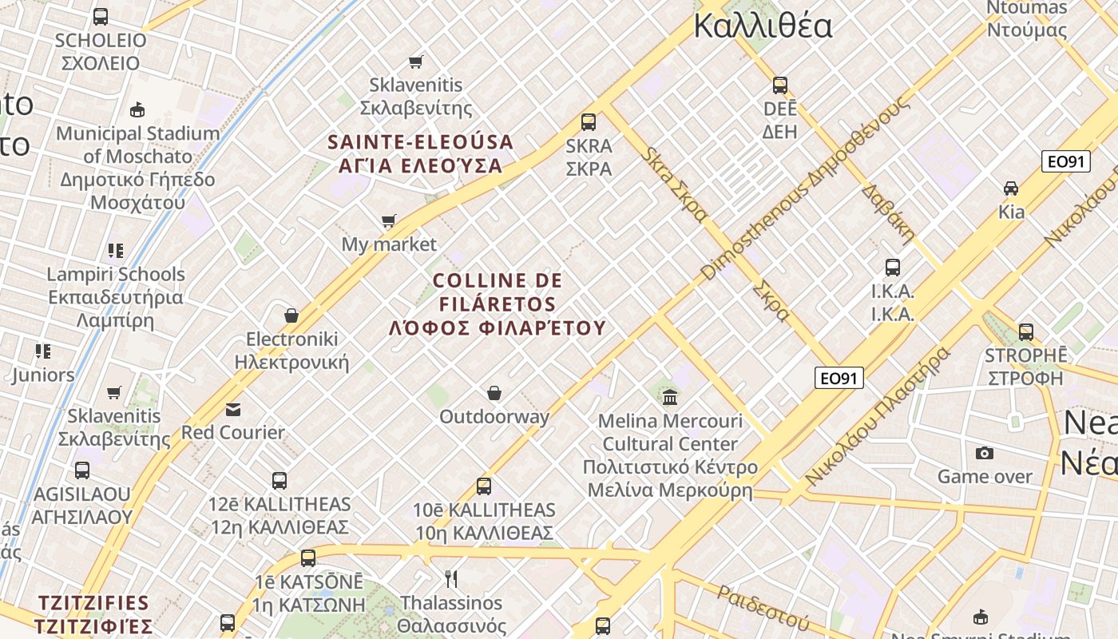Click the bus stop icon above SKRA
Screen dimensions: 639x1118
point(589,122)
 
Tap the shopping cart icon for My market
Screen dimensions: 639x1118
point(389,221)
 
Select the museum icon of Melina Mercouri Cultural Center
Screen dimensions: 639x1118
point(670,397)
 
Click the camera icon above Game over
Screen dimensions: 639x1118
point(985,454)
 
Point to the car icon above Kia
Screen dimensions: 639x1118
point(1011,189)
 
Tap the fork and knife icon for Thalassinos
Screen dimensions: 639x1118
point(452,579)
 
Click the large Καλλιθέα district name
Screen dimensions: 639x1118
point(763,26)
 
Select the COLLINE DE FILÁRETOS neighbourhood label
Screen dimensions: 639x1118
point(498,304)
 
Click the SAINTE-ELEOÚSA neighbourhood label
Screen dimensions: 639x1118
point(421,154)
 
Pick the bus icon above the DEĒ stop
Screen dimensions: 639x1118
point(780,85)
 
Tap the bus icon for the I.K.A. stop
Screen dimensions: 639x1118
point(893,268)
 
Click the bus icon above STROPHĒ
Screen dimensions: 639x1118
point(1026,331)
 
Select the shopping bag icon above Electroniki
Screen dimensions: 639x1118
point(291,316)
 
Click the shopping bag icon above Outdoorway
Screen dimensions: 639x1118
point(494,393)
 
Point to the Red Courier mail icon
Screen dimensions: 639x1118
point(233,410)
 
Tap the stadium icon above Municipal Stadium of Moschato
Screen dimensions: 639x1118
point(137,109)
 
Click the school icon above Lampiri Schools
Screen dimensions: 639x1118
point(116,251)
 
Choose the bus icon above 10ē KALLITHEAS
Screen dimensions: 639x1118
point(484,486)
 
